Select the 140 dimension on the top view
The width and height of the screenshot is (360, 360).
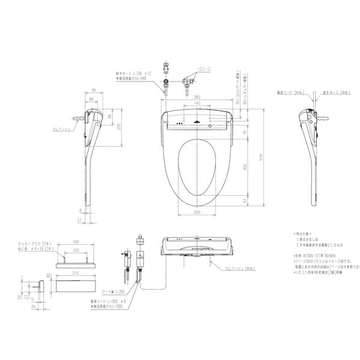197,103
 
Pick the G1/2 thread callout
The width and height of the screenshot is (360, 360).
191,69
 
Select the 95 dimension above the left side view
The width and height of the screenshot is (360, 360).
95,91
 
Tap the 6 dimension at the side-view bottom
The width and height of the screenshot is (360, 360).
79,210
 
